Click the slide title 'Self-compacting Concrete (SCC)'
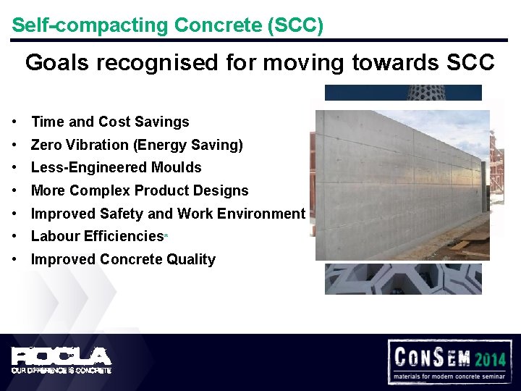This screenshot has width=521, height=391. pyautogui.click(x=167, y=25)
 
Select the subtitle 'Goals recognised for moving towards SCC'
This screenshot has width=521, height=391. pyautogui.click(x=260, y=63)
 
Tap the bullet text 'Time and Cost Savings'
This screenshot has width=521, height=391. pyautogui.click(x=110, y=122)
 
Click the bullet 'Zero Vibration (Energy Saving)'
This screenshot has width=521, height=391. pyautogui.click(x=137, y=145)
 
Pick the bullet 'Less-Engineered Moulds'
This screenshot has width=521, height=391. pyautogui.click(x=117, y=167)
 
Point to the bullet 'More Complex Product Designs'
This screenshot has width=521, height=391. pyautogui.click(x=140, y=190)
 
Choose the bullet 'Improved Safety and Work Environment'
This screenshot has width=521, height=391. pyautogui.click(x=168, y=214)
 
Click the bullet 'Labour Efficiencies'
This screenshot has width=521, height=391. pyautogui.click(x=97, y=236)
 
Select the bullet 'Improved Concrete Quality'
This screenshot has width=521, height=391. pyautogui.click(x=123, y=259)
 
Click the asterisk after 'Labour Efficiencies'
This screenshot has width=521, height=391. pyautogui.click(x=166, y=237)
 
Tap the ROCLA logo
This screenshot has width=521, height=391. pyautogui.click(x=61, y=356)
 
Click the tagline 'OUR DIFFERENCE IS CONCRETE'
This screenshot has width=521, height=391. pyautogui.click(x=61, y=370)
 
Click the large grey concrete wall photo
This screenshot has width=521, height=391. pyautogui.click(x=402, y=185)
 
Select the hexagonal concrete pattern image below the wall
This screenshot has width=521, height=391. pyautogui.click(x=402, y=279)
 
